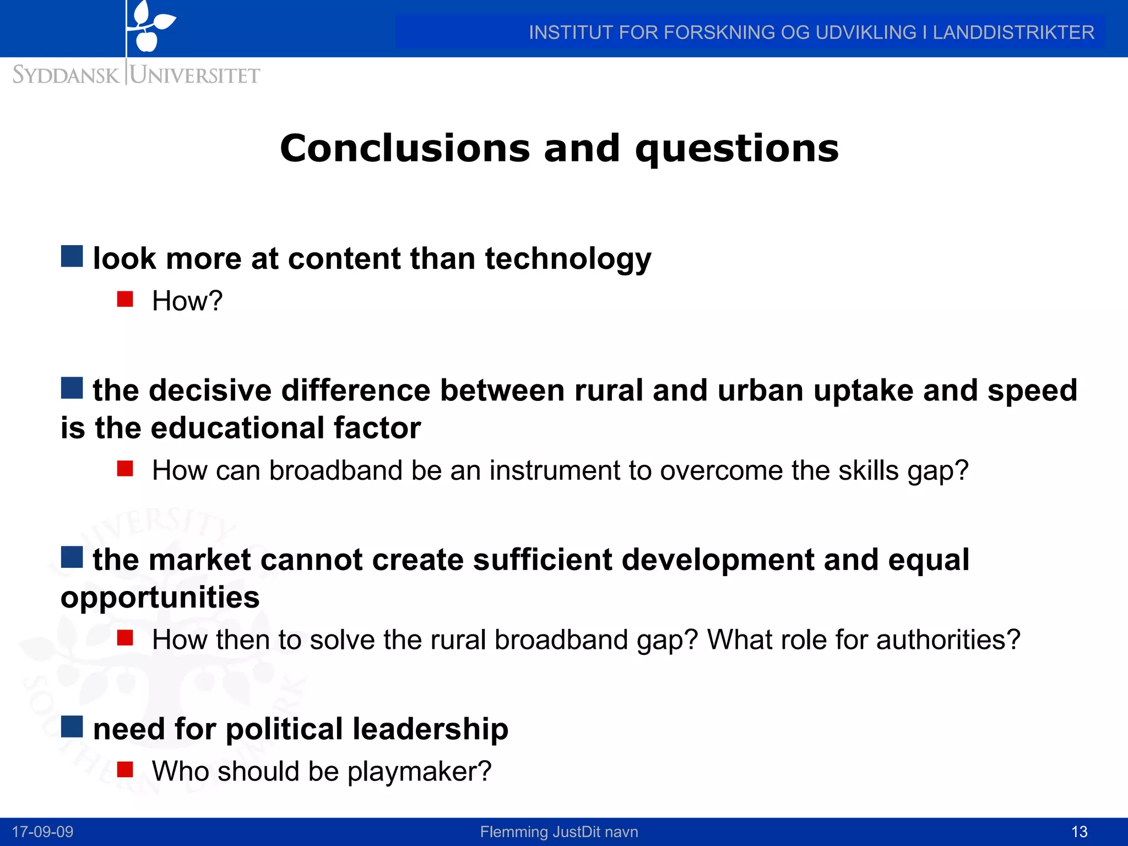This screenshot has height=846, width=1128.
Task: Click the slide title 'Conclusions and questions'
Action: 559,149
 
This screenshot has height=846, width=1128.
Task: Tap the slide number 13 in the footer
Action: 1079,832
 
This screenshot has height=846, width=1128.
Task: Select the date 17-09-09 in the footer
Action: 42,832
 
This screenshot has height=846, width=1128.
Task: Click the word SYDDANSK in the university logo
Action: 66,75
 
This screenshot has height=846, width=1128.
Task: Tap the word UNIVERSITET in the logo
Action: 195,75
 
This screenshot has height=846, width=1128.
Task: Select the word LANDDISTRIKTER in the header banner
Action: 1013,32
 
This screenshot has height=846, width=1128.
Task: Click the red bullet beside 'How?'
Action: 125,299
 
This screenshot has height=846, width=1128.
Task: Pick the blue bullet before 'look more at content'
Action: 72,256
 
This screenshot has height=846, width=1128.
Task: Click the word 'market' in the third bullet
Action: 200,560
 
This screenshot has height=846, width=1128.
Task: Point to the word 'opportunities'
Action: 160,598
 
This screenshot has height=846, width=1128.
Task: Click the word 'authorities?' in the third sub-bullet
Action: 948,640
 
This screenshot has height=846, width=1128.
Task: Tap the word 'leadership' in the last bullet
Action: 430,729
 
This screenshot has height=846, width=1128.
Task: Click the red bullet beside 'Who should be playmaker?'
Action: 125,769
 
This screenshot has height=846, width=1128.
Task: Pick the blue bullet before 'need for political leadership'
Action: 72,726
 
